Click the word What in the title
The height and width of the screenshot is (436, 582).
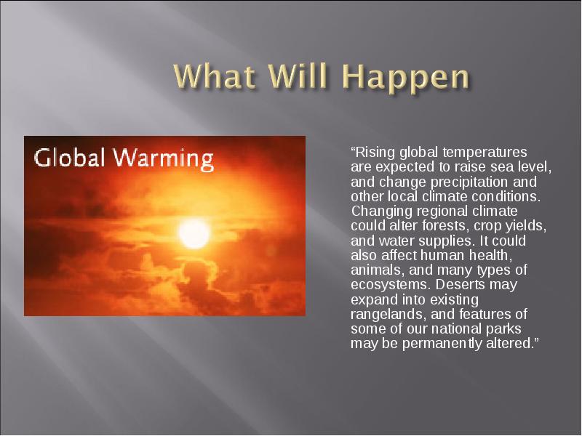tap(214, 76)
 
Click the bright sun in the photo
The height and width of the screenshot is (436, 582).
tap(194, 233)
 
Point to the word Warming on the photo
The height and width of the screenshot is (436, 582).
tap(164, 158)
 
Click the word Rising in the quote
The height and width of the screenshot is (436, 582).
tap(375, 153)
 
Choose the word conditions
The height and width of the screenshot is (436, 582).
tap(506, 196)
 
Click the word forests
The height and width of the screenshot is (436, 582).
tap(442, 226)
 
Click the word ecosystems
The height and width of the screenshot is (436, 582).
tap(391, 285)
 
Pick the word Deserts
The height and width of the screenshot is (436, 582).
tap(461, 284)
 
